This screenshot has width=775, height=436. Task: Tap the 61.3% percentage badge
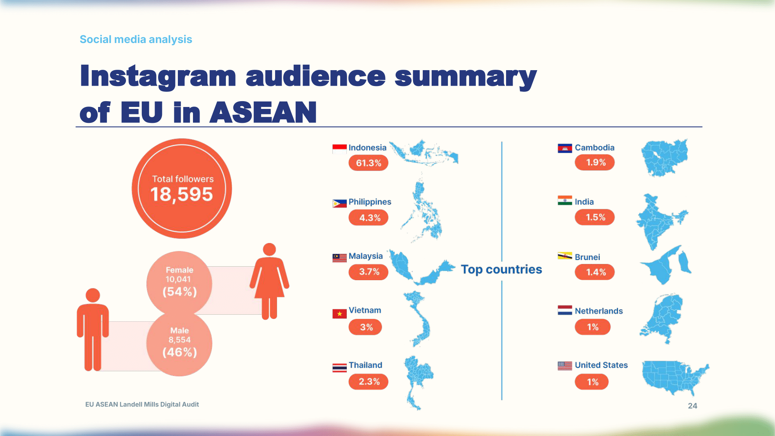coord(369,163)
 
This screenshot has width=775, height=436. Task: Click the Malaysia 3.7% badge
coord(369,272)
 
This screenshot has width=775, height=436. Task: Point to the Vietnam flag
coord(339,314)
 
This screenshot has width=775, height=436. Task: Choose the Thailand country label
coord(365,365)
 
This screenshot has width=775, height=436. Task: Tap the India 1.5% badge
coord(595,217)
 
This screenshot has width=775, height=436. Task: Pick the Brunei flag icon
coord(565,256)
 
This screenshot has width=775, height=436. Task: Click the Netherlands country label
coord(599,311)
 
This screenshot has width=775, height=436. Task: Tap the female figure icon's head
coord(269,250)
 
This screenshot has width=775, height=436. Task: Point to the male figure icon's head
coord(93,295)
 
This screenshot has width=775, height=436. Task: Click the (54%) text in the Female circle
coord(179,292)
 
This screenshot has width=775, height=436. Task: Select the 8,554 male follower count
coord(179,340)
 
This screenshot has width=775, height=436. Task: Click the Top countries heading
coord(501,269)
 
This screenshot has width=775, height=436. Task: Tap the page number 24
coord(692,406)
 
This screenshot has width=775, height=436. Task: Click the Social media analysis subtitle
coord(136,40)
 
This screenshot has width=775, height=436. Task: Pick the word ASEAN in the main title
coord(263,112)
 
